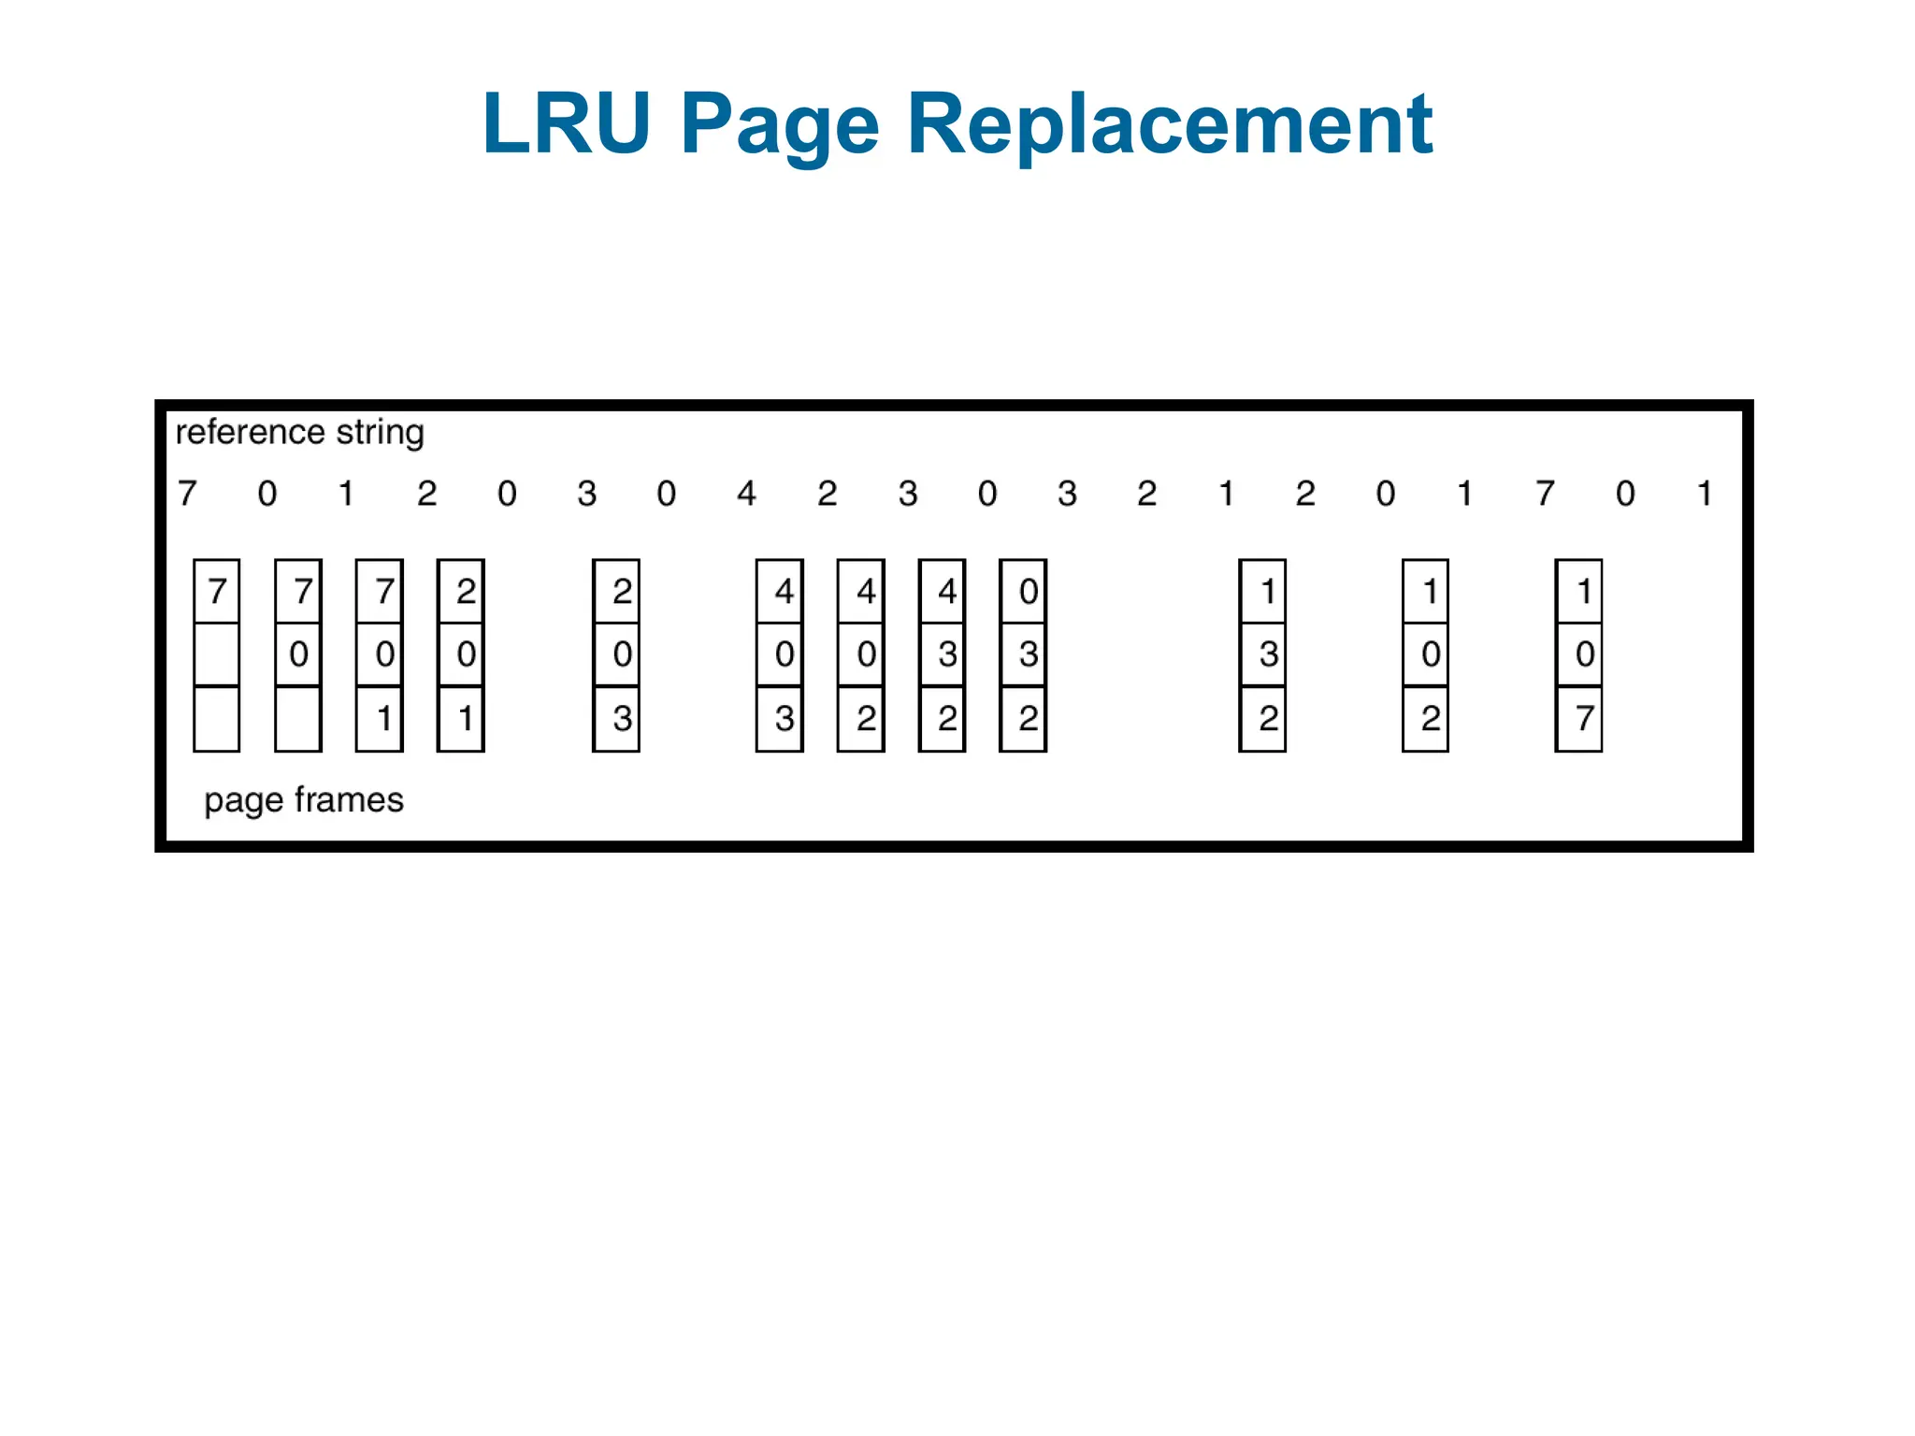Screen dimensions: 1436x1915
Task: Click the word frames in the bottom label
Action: point(349,800)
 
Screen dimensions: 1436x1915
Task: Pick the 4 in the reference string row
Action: point(746,493)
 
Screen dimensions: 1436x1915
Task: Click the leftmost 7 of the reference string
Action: point(187,493)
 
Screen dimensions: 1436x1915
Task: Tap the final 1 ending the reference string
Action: point(1705,493)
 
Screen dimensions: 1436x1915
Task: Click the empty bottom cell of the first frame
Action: point(216,718)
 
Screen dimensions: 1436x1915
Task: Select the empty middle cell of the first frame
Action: point(216,653)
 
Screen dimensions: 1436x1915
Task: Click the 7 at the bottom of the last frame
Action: point(1584,718)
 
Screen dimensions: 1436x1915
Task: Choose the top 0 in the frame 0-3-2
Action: point(1028,591)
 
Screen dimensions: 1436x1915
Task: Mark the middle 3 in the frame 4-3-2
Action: point(947,653)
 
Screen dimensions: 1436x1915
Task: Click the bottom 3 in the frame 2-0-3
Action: point(622,718)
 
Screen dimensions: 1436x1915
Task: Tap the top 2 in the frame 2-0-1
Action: point(466,591)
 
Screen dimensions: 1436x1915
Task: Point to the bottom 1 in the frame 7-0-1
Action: point(383,718)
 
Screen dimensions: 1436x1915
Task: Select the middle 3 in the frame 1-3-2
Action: point(1268,653)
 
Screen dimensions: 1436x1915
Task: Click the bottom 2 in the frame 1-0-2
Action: point(1431,718)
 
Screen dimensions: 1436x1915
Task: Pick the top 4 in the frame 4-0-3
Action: point(784,591)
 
